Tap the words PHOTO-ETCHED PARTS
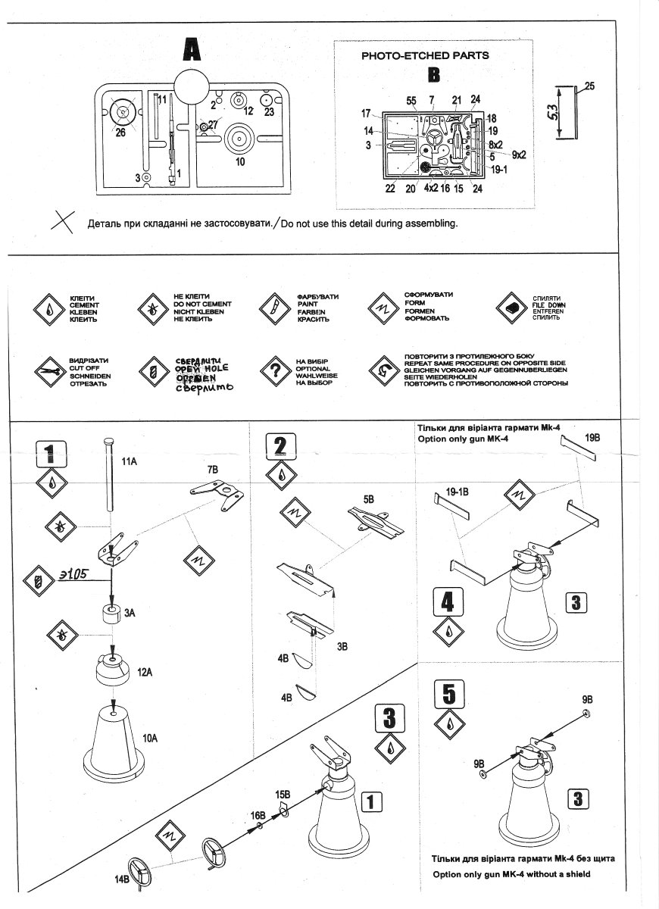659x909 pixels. click(425, 55)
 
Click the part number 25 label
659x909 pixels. click(589, 86)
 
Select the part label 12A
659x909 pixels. click(145, 672)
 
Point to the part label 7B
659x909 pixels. click(213, 470)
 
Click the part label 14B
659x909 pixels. click(121, 879)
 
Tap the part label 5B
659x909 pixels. click(369, 499)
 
